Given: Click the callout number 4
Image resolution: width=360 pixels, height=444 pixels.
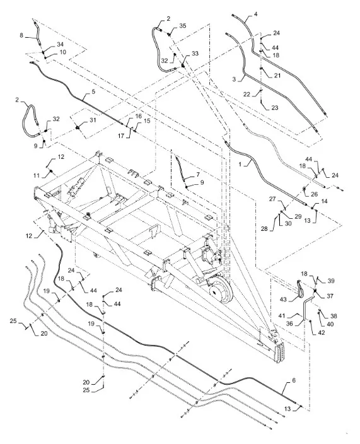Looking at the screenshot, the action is (256, 13).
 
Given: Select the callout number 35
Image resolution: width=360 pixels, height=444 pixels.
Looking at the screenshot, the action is (183, 26).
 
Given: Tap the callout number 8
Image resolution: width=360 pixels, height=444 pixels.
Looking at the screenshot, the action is (21, 35).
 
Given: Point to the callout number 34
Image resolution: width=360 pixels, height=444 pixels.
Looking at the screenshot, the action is (60, 44).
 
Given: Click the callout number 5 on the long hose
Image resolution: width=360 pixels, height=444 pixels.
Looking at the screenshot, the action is (93, 92).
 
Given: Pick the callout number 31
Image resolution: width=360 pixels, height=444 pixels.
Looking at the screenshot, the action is (93, 120).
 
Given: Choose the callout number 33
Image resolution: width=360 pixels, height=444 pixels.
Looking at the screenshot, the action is (195, 54).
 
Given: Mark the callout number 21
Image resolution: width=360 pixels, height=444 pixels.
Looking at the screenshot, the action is (277, 75).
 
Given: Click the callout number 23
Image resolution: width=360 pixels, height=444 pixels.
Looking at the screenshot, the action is (274, 108).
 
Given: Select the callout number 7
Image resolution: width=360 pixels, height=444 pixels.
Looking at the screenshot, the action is (197, 175).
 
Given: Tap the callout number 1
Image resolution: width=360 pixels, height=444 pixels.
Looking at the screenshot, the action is (241, 164).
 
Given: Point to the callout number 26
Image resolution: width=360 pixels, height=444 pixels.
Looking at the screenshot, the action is (314, 194).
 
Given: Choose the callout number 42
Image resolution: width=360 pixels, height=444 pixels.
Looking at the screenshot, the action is (321, 333).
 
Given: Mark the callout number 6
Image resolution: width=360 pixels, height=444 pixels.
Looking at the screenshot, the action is (294, 380).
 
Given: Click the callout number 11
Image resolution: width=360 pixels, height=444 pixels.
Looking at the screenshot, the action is (37, 176).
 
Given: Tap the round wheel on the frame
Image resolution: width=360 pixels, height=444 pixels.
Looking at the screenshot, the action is (221, 291).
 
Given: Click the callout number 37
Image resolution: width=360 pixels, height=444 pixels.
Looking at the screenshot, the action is (330, 296).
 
